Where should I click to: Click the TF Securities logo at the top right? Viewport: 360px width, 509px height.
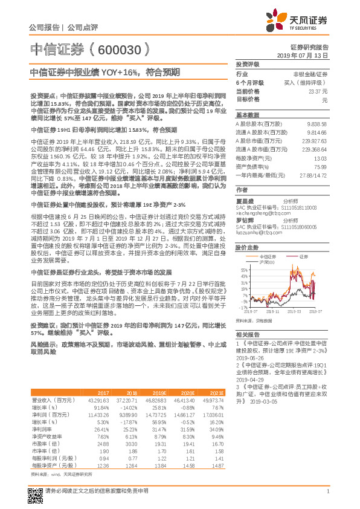point(303,21)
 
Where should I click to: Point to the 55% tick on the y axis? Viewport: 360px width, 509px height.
point(243,268)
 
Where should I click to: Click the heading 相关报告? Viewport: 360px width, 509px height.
point(247,334)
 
